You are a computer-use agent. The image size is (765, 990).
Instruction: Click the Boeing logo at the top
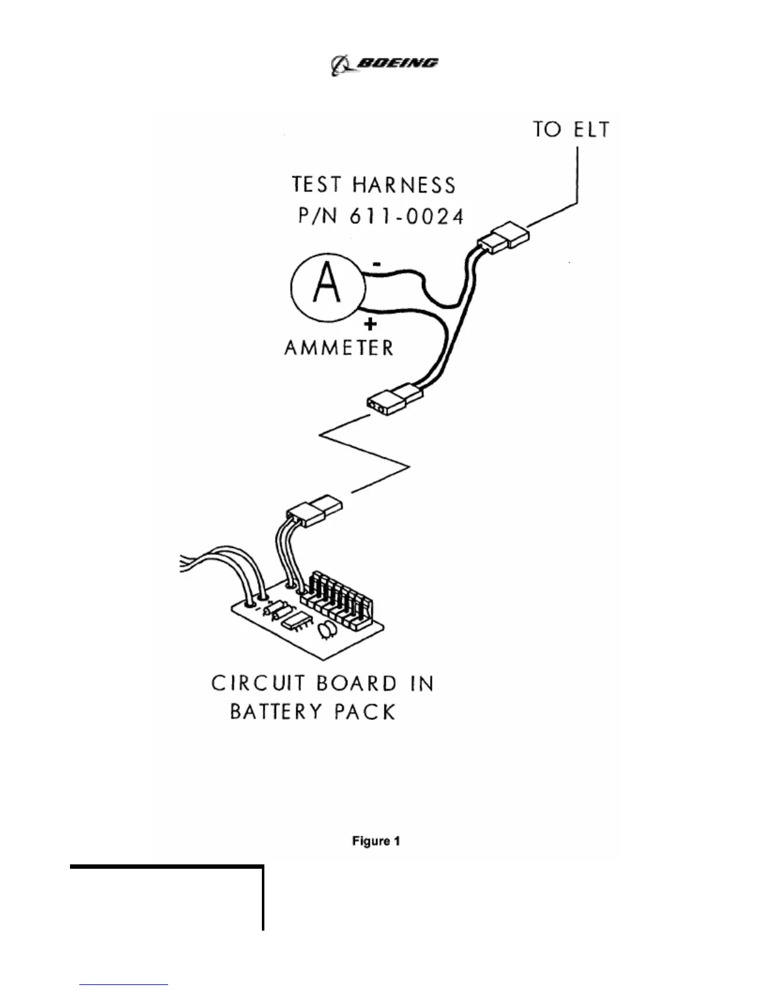point(384,64)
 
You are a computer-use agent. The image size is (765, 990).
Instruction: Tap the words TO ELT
point(571,129)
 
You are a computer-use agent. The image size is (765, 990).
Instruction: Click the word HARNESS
point(404,185)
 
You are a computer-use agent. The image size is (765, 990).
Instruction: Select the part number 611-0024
point(406,216)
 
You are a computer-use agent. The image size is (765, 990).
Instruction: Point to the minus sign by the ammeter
point(376,264)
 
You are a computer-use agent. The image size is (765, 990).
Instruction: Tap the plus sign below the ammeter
point(371,324)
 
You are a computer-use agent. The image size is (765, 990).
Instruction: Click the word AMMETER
point(339,347)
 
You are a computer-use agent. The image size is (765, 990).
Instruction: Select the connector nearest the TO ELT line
point(504,239)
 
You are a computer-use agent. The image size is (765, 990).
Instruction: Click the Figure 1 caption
point(376,841)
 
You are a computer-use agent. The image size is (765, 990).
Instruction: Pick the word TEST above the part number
point(317,185)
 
